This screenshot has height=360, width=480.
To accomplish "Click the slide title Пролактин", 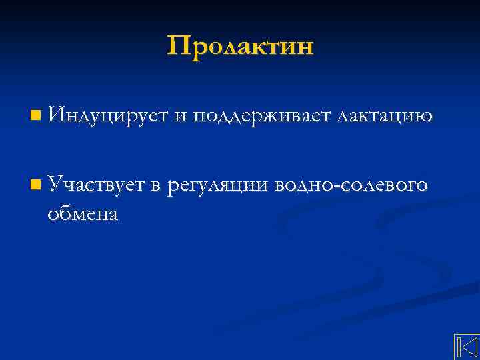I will pyautogui.click(x=240, y=47).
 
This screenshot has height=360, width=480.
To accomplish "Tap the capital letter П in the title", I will pyautogui.click(x=178, y=46).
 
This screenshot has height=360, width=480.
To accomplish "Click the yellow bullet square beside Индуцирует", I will pyautogui.click(x=34, y=117).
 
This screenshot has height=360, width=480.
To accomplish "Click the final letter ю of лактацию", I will pyautogui.click(x=427, y=118).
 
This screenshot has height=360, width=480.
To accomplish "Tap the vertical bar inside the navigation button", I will pyautogui.click(x=459, y=348).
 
